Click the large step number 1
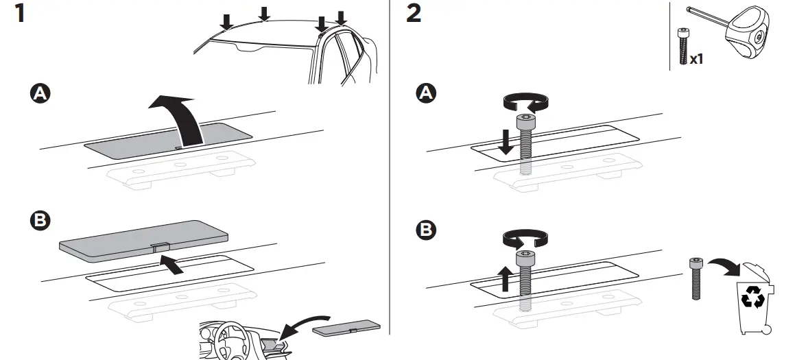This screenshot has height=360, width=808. [x=20, y=13]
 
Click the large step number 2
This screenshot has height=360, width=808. [x=414, y=13]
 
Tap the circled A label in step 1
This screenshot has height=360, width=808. [x=42, y=95]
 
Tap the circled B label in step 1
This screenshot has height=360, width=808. [x=42, y=221]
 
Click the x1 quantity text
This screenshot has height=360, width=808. [x=697, y=59]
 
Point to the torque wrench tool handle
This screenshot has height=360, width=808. [x=748, y=34]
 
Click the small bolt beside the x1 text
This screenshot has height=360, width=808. [x=682, y=46]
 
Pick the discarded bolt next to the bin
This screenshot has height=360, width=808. [x=697, y=278]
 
